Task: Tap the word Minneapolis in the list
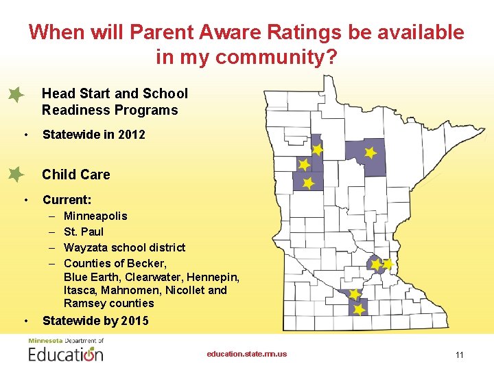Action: (x=95, y=216)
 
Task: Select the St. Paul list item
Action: (x=84, y=232)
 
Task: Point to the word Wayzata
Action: (x=85, y=247)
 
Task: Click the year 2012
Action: (x=132, y=135)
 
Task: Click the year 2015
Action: (x=134, y=321)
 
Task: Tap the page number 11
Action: (x=459, y=355)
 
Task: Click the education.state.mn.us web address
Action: (x=247, y=354)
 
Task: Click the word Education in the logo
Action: (x=66, y=355)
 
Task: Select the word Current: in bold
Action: (x=67, y=200)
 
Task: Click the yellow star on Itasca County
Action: (x=370, y=153)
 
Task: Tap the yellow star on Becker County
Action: (x=309, y=183)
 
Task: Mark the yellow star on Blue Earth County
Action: (x=359, y=310)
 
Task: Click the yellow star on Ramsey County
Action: (x=388, y=264)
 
